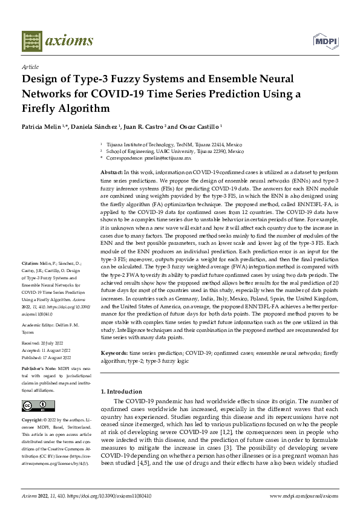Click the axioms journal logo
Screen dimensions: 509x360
pyautogui.click(x=57, y=41)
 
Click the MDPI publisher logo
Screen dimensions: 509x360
pyautogui.click(x=325, y=41)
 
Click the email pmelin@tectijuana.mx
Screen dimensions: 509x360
pyautogui.click(x=165, y=157)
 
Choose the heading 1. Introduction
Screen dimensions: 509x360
pyautogui.click(x=122, y=392)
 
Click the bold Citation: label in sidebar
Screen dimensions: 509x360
pyautogui.click(x=31, y=264)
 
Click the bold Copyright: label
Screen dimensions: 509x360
pyautogui.click(x=33, y=420)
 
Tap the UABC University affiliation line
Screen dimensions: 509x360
pyautogui.click(x=174, y=151)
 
